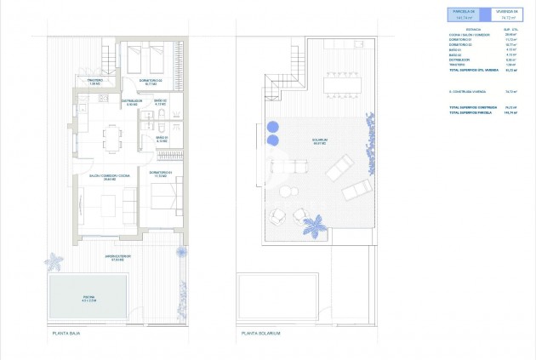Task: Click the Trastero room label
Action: pos(94,82)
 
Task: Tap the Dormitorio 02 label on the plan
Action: pos(151,82)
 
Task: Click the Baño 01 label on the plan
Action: pos(162,140)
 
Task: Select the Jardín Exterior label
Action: pos(117,258)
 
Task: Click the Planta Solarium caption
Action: pos(260,333)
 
